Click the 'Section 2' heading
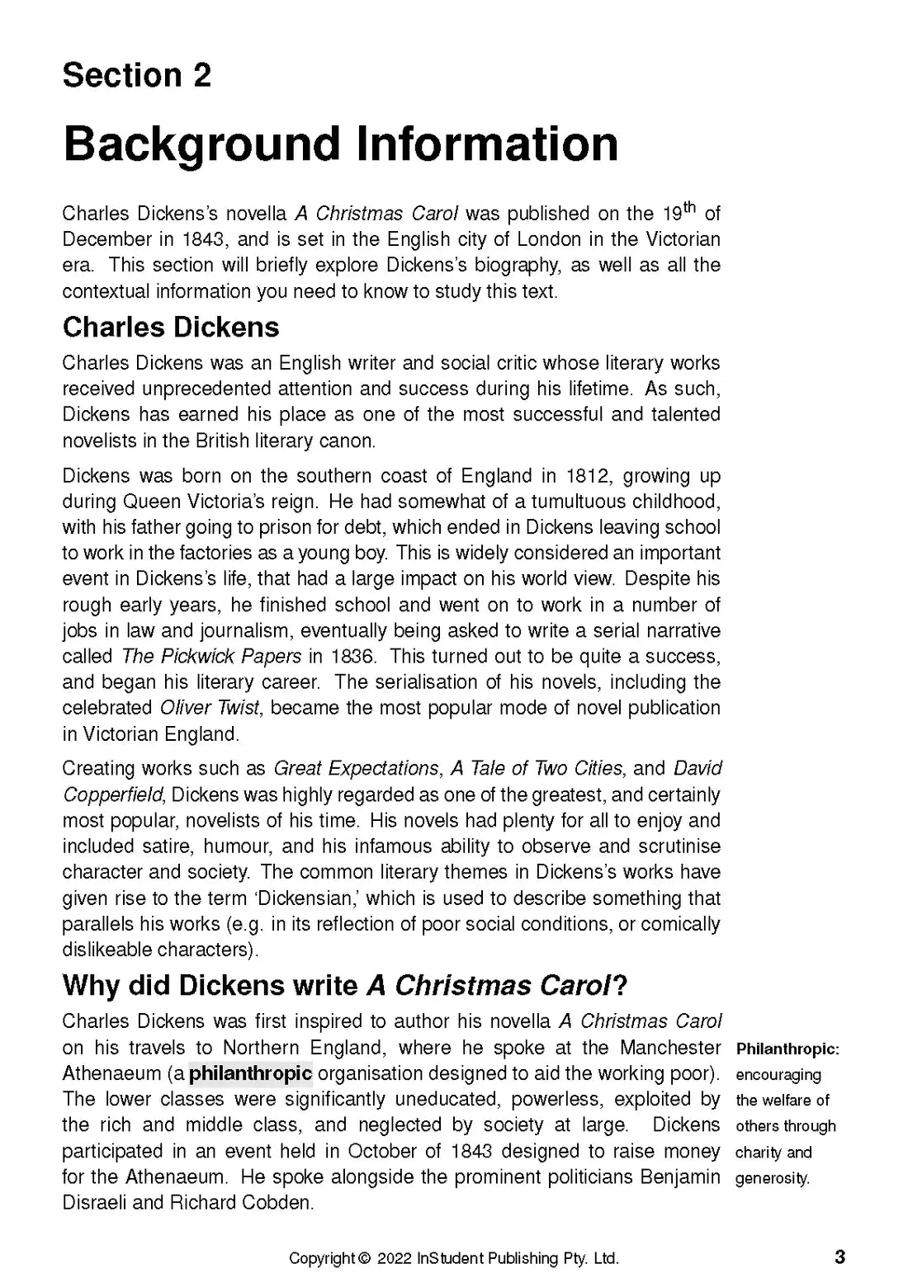pos(137,76)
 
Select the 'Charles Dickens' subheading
pos(171,328)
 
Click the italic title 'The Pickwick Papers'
pos(211,657)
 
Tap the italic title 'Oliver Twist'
pos(210,708)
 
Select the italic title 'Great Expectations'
pos(356,769)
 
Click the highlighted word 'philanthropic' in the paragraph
pos(250,1073)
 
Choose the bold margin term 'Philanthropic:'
pos(787,1049)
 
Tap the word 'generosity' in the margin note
pos(772,1178)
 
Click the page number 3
pos(840,1257)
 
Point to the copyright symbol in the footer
pos(364,1259)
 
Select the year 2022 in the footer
pos(395,1259)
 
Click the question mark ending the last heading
pos(620,985)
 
